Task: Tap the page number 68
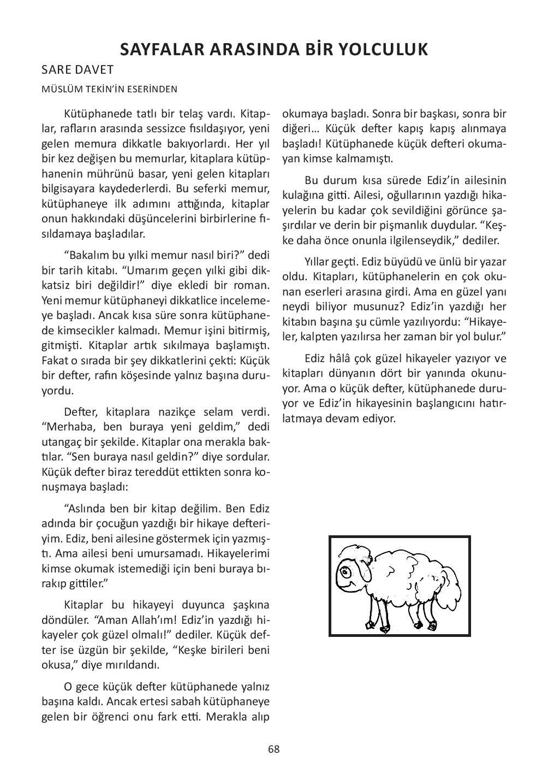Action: pos(274,749)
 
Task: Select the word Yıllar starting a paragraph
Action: pos(318,262)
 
